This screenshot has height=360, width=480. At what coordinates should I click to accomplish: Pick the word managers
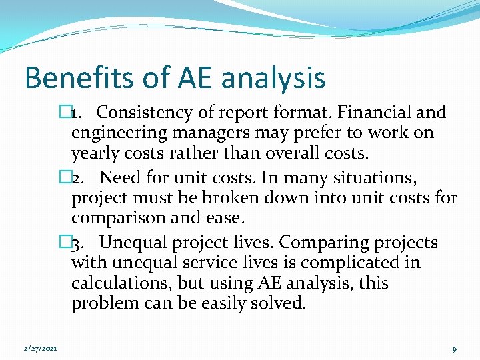coord(205,133)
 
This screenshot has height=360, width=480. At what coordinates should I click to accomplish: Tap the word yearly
coord(94,153)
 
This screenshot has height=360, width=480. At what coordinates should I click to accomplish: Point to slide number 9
coord(453,349)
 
